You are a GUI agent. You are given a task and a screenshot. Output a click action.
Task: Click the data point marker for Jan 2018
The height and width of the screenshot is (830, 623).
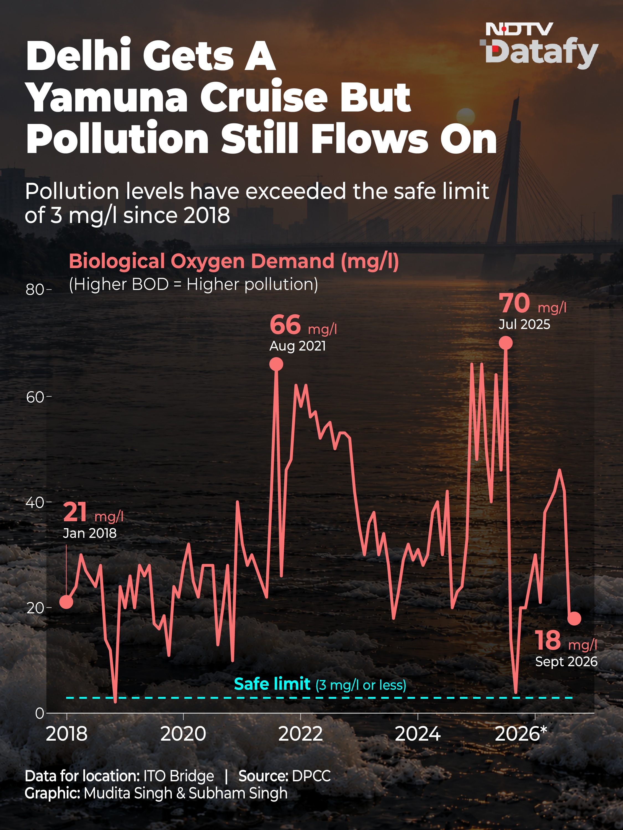[x=66, y=602]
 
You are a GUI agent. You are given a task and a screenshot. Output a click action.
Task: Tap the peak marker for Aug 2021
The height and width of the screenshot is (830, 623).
[x=276, y=364]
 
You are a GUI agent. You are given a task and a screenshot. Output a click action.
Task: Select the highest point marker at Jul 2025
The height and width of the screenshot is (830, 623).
[x=506, y=343]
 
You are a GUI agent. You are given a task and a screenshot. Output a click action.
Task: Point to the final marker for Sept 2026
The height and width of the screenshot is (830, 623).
[x=574, y=618]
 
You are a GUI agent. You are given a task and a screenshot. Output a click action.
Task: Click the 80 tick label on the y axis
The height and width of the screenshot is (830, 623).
[x=35, y=289]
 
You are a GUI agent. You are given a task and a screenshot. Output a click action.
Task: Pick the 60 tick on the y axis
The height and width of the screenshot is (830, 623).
[x=35, y=397]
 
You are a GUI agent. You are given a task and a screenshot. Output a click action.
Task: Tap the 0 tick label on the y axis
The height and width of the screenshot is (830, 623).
[x=39, y=713]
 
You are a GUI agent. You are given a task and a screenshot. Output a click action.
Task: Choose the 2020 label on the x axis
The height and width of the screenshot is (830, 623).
[x=183, y=733]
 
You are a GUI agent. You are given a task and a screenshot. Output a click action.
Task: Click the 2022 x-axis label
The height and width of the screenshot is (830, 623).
[x=300, y=733]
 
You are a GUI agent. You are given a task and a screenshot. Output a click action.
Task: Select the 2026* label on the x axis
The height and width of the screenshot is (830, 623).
[x=521, y=733]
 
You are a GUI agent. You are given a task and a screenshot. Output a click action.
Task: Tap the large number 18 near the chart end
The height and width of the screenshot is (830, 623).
[x=548, y=640]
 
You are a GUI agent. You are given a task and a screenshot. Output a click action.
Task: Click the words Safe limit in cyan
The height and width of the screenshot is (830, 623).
[x=272, y=684]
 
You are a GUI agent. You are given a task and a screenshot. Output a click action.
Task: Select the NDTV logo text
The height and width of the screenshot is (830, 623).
[x=519, y=29]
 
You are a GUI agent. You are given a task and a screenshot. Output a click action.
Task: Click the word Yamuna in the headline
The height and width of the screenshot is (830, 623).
[x=107, y=97]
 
